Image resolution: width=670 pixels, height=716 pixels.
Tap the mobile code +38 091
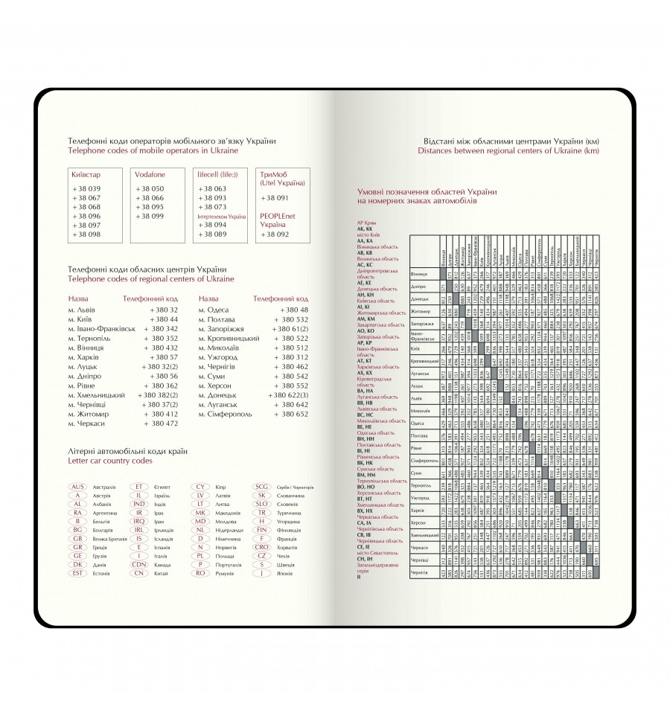coord(274,199)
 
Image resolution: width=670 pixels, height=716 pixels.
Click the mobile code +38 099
coord(150,216)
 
